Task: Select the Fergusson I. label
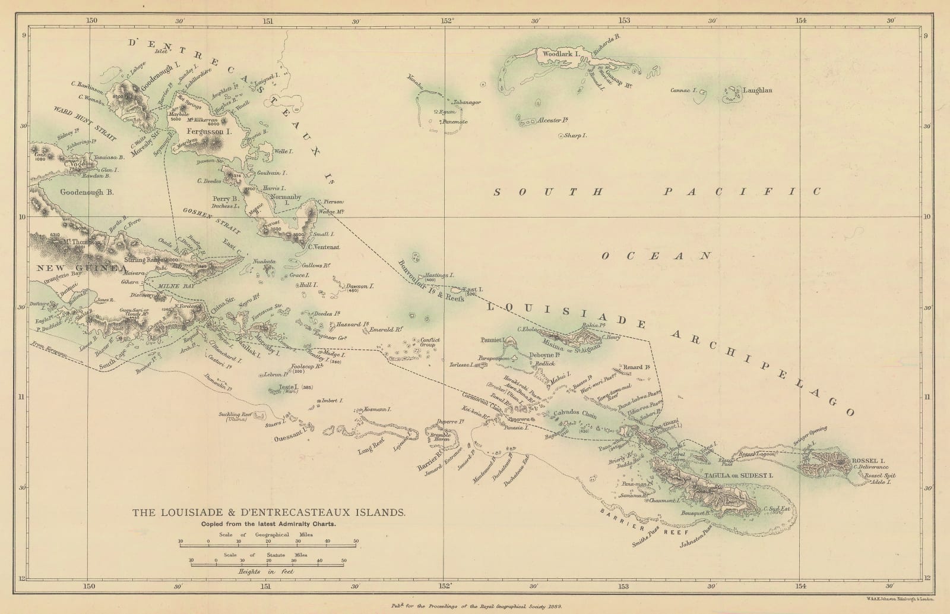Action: pos(208,131)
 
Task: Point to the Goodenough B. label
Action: pos(87,193)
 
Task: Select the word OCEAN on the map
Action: pos(656,256)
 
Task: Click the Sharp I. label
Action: pos(575,136)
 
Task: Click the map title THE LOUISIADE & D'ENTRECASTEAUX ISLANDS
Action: pos(269,512)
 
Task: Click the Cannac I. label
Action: pos(683,91)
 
